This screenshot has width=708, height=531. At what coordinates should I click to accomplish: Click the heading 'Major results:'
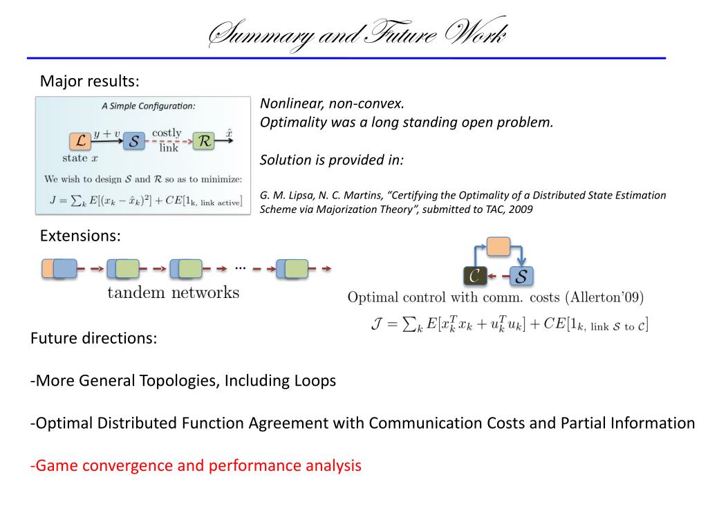click(90, 82)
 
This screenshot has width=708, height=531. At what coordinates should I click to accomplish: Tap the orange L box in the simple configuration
click(80, 142)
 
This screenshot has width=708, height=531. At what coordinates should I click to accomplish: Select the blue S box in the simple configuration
click(134, 142)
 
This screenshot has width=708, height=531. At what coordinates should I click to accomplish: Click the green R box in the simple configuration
click(204, 142)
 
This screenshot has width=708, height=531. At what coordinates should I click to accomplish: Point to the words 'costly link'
click(167, 139)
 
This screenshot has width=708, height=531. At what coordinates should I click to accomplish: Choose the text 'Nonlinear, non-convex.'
click(331, 104)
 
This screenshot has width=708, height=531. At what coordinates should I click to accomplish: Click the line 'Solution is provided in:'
click(332, 160)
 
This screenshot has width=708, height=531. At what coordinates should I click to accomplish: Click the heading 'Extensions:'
click(80, 236)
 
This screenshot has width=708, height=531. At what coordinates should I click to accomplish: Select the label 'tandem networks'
click(173, 292)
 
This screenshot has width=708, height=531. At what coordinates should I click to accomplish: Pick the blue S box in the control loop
click(522, 277)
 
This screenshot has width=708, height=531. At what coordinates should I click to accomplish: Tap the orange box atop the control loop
click(499, 246)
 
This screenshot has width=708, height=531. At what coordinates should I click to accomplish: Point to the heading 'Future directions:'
click(94, 339)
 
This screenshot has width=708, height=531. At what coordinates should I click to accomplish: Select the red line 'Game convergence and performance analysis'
click(196, 465)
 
